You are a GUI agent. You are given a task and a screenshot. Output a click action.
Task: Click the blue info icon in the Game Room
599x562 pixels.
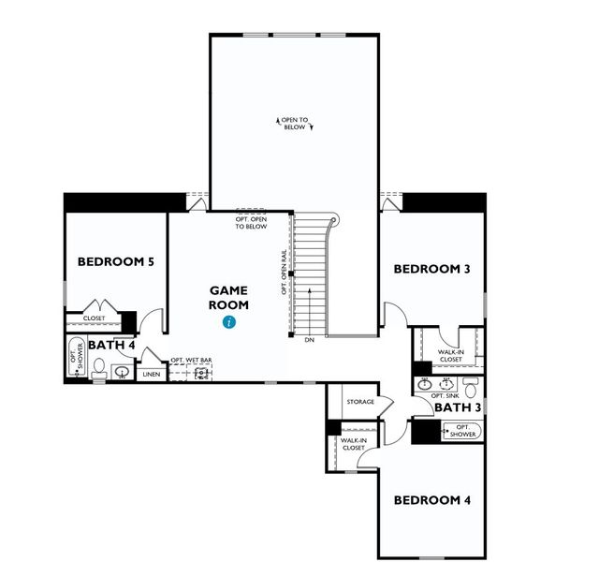229,322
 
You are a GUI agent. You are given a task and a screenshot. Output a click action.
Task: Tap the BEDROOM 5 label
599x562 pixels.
116,261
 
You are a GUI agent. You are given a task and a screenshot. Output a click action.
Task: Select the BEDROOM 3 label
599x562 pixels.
431,269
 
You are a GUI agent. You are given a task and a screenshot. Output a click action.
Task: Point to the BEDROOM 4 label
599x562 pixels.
431,499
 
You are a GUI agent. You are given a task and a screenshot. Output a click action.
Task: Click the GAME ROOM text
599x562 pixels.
229,298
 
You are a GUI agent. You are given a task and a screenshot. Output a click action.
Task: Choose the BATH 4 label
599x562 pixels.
112,346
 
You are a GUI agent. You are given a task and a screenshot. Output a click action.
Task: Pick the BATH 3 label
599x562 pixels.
458,407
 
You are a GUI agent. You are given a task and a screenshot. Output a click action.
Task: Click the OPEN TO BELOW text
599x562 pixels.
294,124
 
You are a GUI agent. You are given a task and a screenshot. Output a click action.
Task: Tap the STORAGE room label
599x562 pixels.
359,402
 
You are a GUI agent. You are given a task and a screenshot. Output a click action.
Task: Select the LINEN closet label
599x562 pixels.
151,375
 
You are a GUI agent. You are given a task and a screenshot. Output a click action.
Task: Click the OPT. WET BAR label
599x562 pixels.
190,360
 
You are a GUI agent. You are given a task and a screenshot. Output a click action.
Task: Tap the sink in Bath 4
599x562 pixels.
122,372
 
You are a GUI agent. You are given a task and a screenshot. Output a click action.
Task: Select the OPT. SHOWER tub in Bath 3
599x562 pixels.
460,430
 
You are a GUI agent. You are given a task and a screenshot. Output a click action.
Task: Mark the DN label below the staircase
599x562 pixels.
309,339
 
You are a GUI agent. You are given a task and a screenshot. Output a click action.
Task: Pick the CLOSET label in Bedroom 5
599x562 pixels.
94,318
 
